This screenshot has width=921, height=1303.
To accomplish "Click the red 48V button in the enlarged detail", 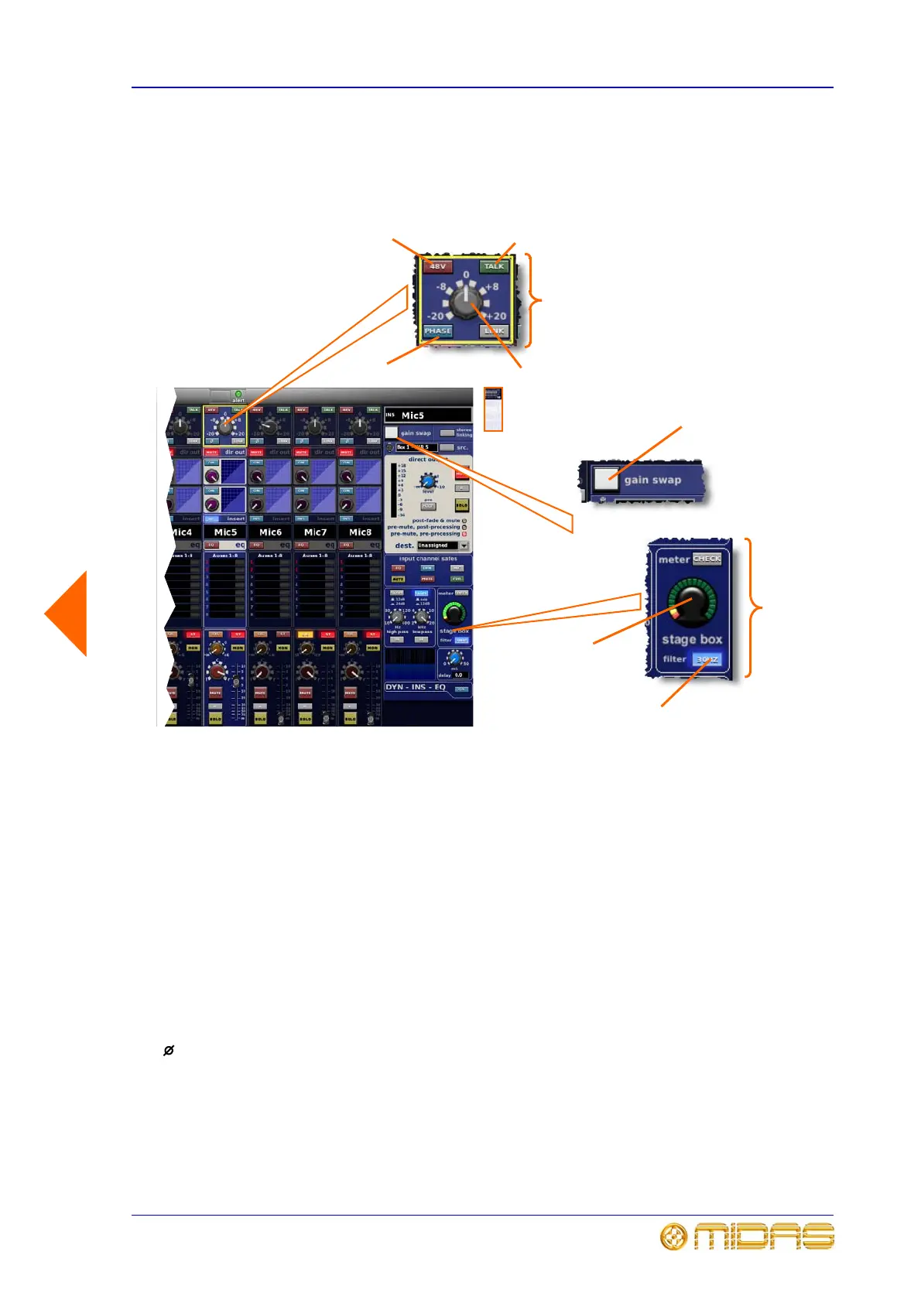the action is [x=437, y=266].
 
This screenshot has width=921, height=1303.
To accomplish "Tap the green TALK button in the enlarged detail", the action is [x=494, y=266].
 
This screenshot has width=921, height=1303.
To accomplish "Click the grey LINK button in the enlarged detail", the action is [x=494, y=331].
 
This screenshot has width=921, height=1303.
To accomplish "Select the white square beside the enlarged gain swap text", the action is [x=605, y=479].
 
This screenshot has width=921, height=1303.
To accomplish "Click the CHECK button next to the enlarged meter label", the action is [x=707, y=559].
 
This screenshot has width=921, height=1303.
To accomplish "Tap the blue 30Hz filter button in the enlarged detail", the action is [x=707, y=660].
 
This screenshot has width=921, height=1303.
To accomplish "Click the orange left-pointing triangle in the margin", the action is [x=67, y=613].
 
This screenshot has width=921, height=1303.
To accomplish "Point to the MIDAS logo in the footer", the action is [x=747, y=1236].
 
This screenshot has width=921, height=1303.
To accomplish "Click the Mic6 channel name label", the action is [x=270, y=532].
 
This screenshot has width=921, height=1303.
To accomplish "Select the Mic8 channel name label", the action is [x=360, y=532].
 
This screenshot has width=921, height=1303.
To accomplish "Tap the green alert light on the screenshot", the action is [x=238, y=395].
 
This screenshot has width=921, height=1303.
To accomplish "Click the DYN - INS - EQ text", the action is [x=416, y=687].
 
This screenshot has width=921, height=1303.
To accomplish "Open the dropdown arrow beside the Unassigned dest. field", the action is [x=464, y=545].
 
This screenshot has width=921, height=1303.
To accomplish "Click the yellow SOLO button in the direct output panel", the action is [x=461, y=505].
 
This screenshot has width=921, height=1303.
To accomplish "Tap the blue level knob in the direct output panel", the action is [x=428, y=481].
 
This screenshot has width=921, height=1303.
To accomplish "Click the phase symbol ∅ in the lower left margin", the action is [x=169, y=1050].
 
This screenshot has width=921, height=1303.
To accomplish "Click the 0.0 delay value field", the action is [x=459, y=675].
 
